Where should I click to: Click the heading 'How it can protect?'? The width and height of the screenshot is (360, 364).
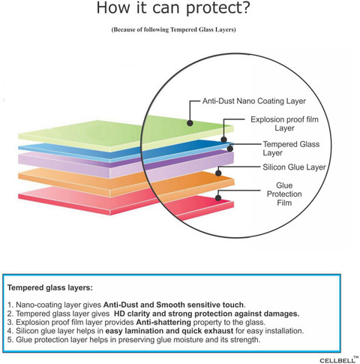(173, 8)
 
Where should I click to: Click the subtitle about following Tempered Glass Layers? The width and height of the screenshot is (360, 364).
(173, 29)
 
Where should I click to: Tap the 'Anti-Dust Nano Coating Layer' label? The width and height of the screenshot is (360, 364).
(254, 101)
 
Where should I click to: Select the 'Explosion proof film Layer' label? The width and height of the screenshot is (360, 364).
(284, 124)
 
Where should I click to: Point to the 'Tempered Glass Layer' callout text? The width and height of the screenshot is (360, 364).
(291, 149)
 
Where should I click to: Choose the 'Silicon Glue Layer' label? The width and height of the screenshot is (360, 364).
(294, 167)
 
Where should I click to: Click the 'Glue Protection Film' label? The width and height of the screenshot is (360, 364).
(284, 194)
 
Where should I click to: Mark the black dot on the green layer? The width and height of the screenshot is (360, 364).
(190, 123)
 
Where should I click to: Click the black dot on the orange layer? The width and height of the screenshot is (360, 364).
(218, 173)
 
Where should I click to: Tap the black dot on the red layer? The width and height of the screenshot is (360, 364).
(218, 198)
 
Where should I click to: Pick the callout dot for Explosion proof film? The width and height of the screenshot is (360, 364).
(224, 140)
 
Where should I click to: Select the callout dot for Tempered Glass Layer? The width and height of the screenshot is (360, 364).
(230, 149)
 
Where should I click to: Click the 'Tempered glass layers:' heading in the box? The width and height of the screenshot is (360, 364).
(50, 287)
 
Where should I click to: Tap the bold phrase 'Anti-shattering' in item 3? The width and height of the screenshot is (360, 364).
(163, 322)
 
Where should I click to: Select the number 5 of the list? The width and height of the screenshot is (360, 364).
(10, 340)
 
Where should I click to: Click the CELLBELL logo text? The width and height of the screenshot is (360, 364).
(337, 360)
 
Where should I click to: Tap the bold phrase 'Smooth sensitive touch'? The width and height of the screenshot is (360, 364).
(199, 305)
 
